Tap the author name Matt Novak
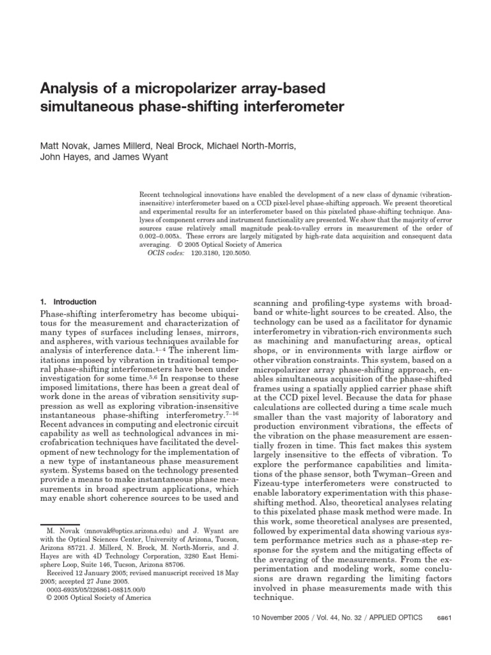65,146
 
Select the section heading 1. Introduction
68,301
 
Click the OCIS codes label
166,253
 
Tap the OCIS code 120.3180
204,253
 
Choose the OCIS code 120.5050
236,253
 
